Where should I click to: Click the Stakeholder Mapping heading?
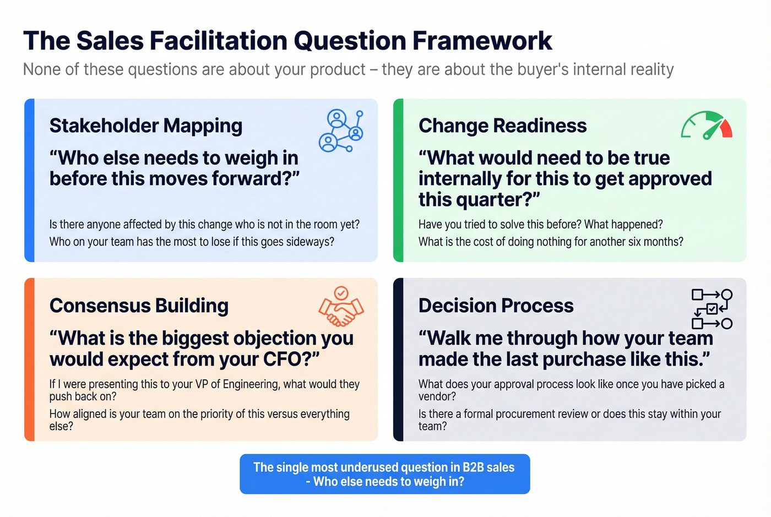pos(146,126)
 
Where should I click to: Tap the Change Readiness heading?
pos(502,126)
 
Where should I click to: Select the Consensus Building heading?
pos(139,306)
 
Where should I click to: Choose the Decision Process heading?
pos(496,306)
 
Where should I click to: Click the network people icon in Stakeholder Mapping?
pos(341,131)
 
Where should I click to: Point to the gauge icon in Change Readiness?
pos(707,126)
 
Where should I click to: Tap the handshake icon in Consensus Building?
pos(341,307)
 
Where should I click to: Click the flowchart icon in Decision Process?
pos(712,309)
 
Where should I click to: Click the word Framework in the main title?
pos(482,41)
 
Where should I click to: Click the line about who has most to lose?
pos(192,242)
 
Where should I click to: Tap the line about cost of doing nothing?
pos(551,242)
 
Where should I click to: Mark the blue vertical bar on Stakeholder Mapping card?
pos(30,180)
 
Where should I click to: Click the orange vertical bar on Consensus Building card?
pos(30,360)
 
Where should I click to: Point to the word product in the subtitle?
pos(338,70)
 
